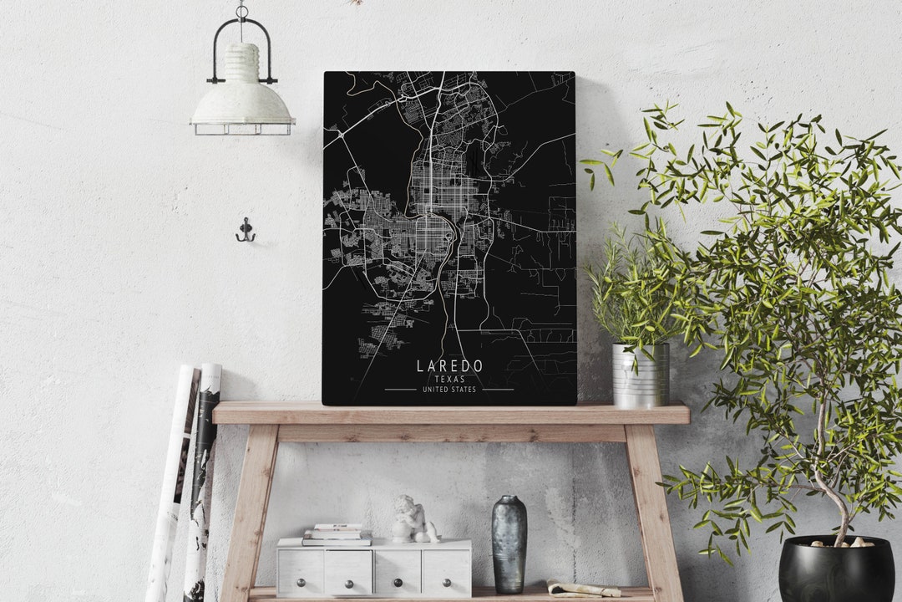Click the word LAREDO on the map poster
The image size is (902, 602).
click(x=449, y=366)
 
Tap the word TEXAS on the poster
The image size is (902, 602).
click(x=449, y=380)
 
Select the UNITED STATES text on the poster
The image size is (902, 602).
click(x=449, y=390)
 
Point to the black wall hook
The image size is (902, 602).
click(x=245, y=231)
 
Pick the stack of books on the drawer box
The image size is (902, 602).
click(x=337, y=535)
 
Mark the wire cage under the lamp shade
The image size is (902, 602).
click(x=241, y=128)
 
